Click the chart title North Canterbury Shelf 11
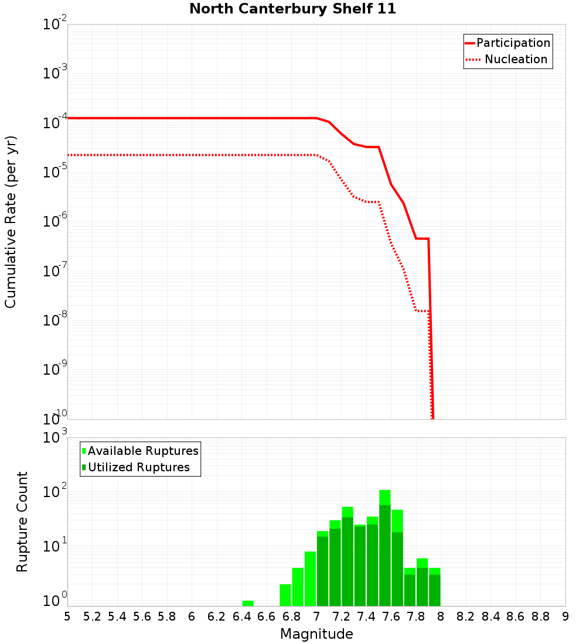coord(292,9)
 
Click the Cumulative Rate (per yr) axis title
coord(11,222)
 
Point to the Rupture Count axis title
coord(22,522)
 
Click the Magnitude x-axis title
coord(316,634)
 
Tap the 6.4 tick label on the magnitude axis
coord(241,616)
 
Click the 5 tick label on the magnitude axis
coord(67,616)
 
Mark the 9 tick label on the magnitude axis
coord(565,616)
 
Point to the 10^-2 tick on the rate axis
coord(55,25)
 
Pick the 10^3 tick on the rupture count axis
coord(55,438)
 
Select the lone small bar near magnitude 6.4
coord(248,603)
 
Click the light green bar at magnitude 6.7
coord(285,595)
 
